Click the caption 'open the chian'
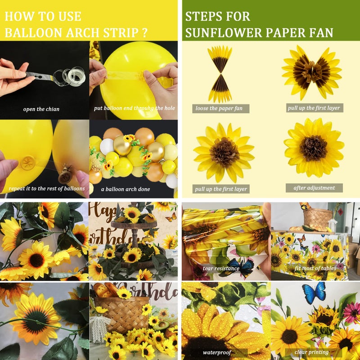pos(41,109)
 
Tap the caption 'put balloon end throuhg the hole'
pos(134,108)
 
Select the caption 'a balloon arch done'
pos(126,189)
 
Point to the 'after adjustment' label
pos(314,188)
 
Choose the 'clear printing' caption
pos(311,352)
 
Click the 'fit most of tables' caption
pos(315,268)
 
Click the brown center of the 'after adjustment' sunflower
pos(314,148)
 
